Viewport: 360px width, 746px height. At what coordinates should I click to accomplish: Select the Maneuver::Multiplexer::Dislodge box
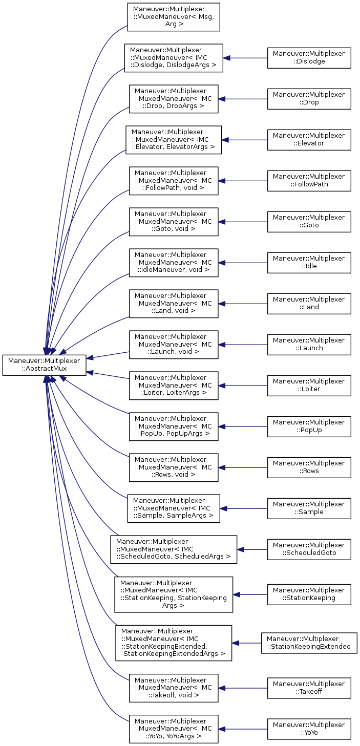click(x=309, y=58)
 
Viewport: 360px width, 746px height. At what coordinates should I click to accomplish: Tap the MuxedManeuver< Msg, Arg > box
click(x=174, y=17)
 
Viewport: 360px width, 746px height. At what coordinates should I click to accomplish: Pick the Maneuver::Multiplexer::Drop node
click(x=309, y=99)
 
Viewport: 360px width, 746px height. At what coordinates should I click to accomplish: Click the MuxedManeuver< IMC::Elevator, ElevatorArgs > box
click(x=174, y=140)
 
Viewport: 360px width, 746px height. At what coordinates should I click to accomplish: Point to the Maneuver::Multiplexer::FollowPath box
click(x=309, y=181)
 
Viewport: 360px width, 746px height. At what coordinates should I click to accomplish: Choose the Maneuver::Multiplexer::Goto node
click(x=309, y=222)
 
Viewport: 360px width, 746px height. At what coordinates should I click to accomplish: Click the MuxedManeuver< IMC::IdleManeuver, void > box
click(x=174, y=263)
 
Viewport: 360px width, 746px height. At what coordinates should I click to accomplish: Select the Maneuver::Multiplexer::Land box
click(x=309, y=304)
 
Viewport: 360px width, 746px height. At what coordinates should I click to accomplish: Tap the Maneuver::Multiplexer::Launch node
click(x=309, y=345)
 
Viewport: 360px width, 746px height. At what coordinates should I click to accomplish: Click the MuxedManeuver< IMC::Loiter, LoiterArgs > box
click(x=174, y=386)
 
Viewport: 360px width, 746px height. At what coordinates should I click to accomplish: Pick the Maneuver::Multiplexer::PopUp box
click(x=309, y=427)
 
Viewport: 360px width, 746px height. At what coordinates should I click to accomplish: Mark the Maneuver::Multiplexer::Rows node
click(x=309, y=467)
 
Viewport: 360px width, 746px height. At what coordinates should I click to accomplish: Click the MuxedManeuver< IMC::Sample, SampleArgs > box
click(x=174, y=508)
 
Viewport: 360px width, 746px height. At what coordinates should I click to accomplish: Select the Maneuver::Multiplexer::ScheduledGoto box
click(x=309, y=549)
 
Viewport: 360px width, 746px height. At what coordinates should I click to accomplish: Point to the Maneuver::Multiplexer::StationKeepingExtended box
click(x=309, y=643)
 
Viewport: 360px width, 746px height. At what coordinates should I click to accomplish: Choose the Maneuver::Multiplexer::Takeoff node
click(x=309, y=688)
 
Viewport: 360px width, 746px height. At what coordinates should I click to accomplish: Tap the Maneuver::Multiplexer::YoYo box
click(x=309, y=729)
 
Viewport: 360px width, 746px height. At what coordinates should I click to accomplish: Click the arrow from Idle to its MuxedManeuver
click(x=243, y=263)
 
